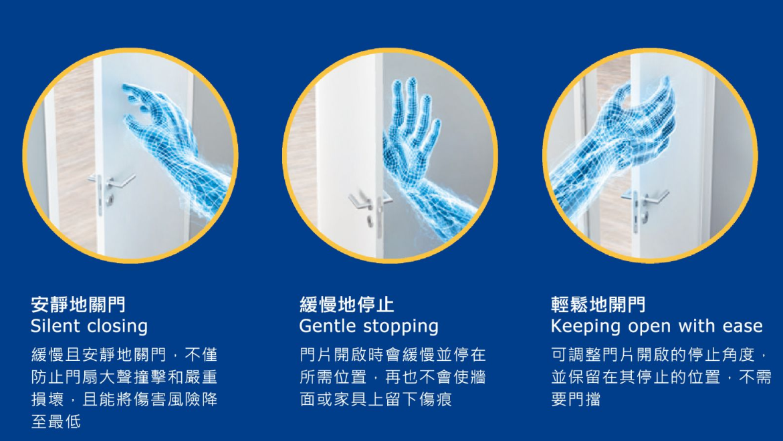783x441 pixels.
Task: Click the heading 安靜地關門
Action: click(x=78, y=304)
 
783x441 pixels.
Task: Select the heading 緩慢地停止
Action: click(x=346, y=304)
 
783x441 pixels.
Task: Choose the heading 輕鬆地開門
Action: click(x=598, y=304)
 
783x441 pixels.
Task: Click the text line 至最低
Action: click(x=56, y=421)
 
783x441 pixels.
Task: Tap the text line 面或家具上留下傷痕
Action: click(x=376, y=399)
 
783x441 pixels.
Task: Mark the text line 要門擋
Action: click(x=576, y=399)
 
